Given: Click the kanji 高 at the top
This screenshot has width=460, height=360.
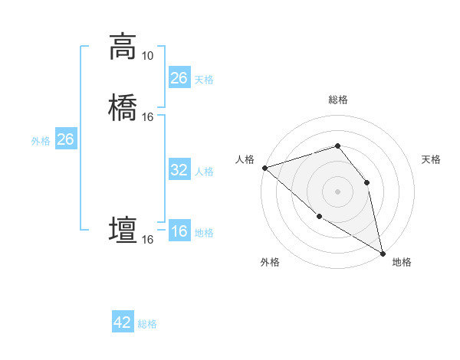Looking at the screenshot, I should tap(123, 47).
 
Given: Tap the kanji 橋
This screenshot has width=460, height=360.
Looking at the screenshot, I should tap(123, 106).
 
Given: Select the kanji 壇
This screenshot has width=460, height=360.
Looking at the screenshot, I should tap(123, 230).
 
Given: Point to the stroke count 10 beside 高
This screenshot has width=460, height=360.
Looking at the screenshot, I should tap(147, 56).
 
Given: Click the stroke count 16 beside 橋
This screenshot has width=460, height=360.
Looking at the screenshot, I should tap(147, 117).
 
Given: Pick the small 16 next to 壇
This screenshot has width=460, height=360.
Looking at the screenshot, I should tap(147, 240).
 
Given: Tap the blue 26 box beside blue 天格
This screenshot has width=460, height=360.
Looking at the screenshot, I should tap(179, 78).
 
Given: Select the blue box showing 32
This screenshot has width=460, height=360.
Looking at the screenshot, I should tap(179, 170).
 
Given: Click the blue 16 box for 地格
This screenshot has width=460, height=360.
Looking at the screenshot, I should tap(179, 232).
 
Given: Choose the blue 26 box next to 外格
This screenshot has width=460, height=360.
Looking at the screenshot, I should tap(66, 139).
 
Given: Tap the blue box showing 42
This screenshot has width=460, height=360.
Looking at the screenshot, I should tap(123, 322).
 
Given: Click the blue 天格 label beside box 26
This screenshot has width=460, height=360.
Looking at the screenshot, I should tap(204, 79).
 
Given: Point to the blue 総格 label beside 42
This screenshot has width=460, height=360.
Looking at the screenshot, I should tap(147, 324).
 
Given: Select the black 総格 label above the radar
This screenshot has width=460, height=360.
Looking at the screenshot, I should tap(337, 100).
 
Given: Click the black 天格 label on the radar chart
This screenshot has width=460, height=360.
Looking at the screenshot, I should tap(431, 159).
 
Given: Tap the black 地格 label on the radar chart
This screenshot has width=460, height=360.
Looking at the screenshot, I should tap(402, 262).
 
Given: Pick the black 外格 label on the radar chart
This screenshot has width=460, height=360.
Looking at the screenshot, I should tap(270, 262).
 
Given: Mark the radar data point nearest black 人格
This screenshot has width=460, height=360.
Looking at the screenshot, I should tap(264, 168).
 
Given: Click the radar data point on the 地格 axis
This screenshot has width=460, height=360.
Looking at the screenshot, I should tap(383, 253).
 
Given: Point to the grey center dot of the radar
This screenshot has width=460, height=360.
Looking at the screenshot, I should tap(337, 191).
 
